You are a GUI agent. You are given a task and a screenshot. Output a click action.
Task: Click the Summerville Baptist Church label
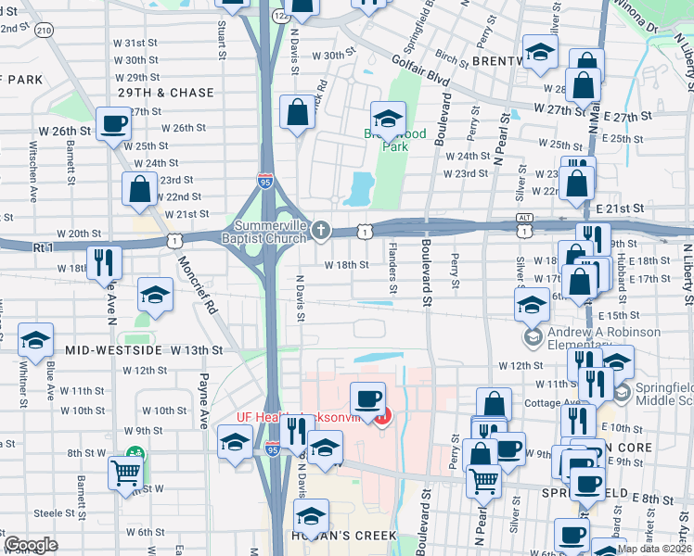(x=270, y=232)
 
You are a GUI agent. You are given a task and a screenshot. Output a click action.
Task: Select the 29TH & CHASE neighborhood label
(x=166, y=94)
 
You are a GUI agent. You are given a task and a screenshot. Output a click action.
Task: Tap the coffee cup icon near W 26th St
(x=114, y=124)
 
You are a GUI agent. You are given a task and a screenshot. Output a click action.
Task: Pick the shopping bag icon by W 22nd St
(x=139, y=189)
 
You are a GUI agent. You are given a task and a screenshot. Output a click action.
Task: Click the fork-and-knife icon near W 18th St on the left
(x=103, y=262)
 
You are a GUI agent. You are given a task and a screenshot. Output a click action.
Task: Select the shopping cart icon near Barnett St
(x=125, y=473)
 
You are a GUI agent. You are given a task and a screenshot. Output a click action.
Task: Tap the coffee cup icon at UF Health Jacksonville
(x=368, y=398)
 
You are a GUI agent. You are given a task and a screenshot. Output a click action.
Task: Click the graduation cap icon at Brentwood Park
(x=387, y=118)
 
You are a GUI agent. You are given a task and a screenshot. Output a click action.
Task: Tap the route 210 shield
(x=43, y=31)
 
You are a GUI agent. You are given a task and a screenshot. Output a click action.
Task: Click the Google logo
(x=31, y=545)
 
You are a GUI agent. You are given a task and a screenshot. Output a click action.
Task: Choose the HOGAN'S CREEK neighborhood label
(x=345, y=536)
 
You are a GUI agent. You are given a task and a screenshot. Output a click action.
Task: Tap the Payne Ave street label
(x=201, y=401)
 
